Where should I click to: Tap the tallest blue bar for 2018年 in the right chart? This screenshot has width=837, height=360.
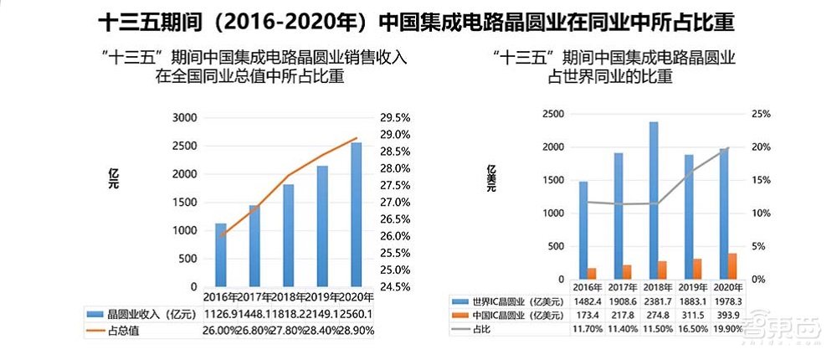(653, 201)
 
